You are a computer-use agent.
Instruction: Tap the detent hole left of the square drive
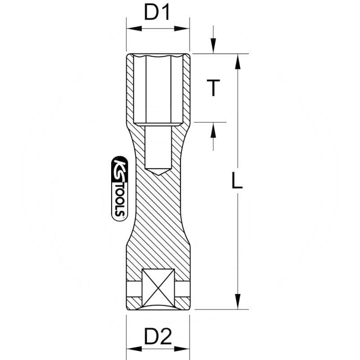tap(134, 288)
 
